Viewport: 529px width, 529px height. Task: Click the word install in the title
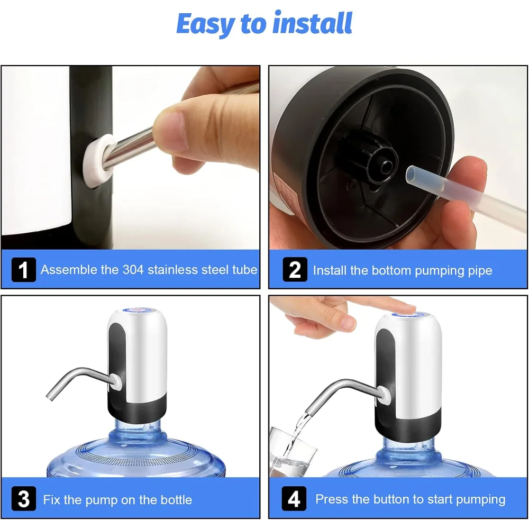(x=313, y=22)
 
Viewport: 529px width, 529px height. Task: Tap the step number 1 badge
(x=24, y=270)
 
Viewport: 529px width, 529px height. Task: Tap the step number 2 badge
(x=295, y=270)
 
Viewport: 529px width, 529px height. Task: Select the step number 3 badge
(x=24, y=499)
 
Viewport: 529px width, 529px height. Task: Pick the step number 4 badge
(x=294, y=499)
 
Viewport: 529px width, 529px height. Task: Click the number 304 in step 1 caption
(x=133, y=270)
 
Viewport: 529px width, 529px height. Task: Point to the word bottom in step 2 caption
(x=391, y=270)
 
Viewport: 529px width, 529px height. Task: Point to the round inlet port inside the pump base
(x=387, y=167)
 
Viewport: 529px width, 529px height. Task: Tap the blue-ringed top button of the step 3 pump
(x=138, y=309)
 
